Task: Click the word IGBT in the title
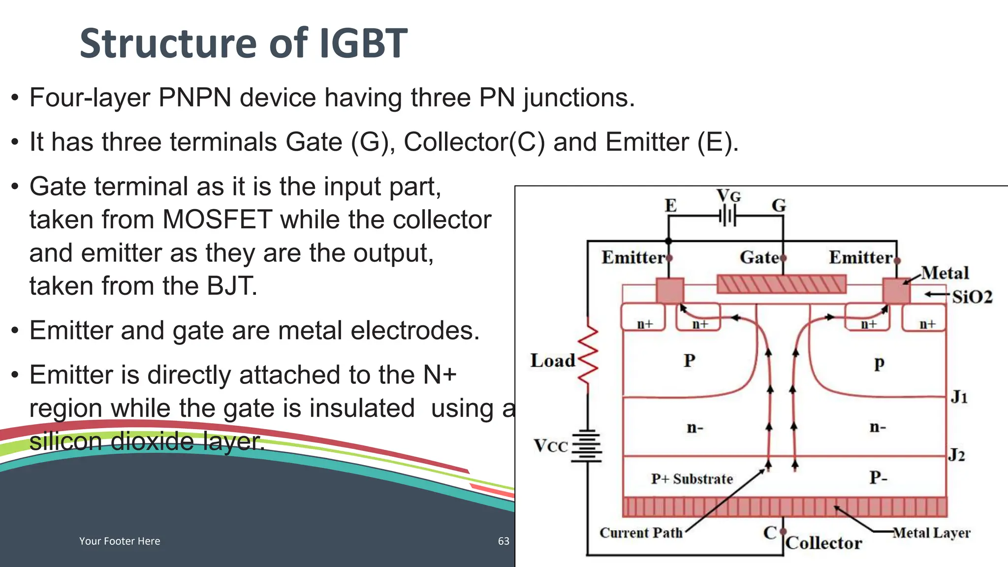(x=363, y=43)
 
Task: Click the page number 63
(x=504, y=541)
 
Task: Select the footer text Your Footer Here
(x=120, y=541)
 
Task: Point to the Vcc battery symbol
(x=587, y=446)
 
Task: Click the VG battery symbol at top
(x=727, y=216)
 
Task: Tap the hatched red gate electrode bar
(x=782, y=284)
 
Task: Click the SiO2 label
(x=972, y=297)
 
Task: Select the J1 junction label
(x=959, y=397)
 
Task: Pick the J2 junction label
(x=957, y=455)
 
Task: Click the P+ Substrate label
(x=692, y=479)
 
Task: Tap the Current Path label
(x=641, y=533)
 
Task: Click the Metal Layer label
(x=932, y=533)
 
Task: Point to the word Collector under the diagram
(x=824, y=543)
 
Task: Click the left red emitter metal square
(x=670, y=291)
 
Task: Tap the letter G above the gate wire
(x=779, y=205)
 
